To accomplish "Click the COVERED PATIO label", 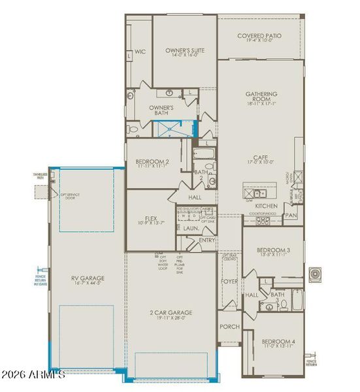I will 259,35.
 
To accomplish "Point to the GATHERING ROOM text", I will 261,96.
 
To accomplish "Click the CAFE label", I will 261,157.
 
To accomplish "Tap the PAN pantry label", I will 291,214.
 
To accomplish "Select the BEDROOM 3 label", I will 273,251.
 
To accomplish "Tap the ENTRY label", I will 207,240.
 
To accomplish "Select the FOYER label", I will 229,282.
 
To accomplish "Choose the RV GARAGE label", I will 88,278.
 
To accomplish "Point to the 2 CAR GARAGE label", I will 171,313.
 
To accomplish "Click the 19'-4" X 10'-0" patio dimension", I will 259,42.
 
